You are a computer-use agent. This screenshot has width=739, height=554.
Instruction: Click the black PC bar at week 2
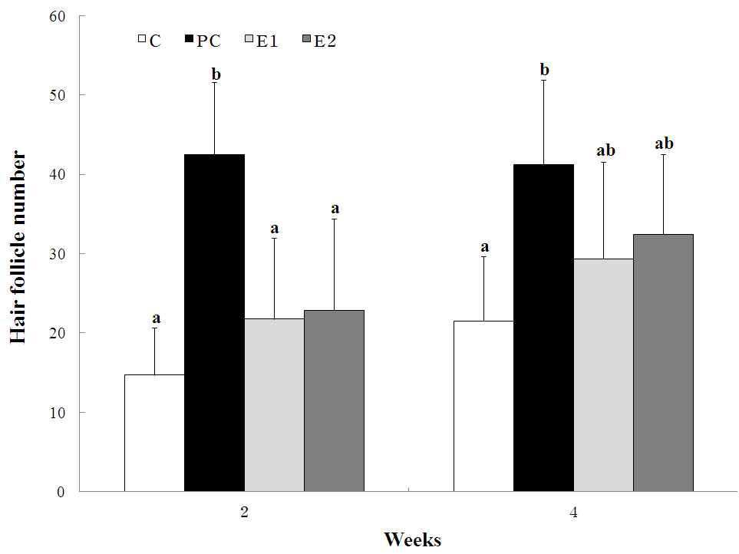(214, 323)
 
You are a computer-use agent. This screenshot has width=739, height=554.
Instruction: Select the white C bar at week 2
(154, 433)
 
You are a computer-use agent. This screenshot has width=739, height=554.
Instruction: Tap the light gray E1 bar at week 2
(274, 405)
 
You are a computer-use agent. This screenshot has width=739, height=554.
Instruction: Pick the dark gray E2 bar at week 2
(334, 401)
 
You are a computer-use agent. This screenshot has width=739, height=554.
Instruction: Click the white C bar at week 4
(483, 406)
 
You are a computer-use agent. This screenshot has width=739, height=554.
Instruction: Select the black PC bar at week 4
(544, 328)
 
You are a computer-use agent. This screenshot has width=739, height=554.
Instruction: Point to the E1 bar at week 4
(604, 375)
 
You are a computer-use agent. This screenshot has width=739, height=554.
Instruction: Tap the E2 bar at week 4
(664, 363)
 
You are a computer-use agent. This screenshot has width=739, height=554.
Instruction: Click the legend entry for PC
(203, 41)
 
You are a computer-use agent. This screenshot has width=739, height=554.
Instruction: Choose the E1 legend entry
(262, 41)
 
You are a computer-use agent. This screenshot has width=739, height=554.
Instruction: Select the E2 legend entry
(319, 41)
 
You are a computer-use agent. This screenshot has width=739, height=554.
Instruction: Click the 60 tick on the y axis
(58, 16)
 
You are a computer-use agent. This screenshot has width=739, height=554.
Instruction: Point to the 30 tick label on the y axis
(58, 254)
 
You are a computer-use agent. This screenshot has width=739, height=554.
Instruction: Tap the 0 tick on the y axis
(61, 492)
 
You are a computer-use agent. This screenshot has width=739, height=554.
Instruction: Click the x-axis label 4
(573, 512)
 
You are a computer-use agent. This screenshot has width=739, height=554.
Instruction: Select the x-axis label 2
(244, 512)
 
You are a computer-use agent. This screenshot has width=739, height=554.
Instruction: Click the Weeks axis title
(413, 539)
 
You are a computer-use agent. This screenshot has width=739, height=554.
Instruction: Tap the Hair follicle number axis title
(18, 247)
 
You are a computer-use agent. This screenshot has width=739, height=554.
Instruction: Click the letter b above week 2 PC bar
(216, 74)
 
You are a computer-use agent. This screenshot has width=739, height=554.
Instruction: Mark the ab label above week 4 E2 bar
(664, 143)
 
